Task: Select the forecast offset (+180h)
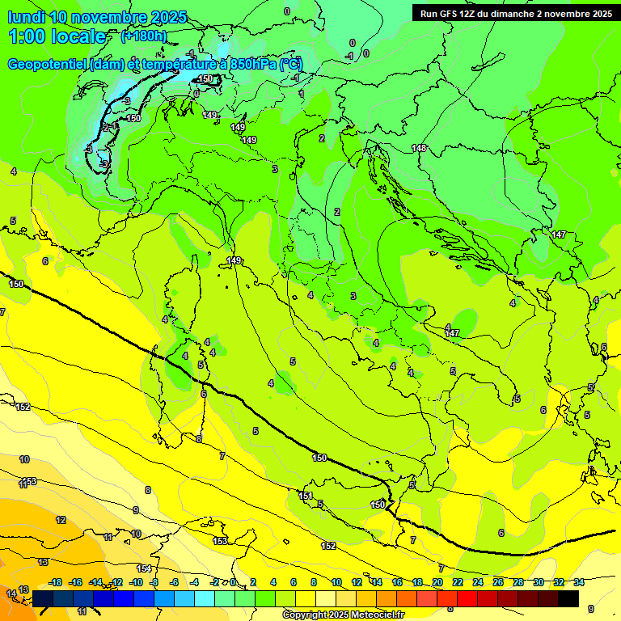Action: coord(144,36)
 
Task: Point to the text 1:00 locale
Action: coord(57,36)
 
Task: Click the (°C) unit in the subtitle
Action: coord(291,64)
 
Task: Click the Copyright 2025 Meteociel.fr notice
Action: coord(343,615)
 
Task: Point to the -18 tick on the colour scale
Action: coord(56,582)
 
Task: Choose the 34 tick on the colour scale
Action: coord(578,582)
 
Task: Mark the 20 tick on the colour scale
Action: coord(437,582)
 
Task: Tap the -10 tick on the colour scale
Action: coord(136,582)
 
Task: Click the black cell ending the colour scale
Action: coord(568,598)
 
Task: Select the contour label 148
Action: coord(419,148)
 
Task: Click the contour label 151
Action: coord(306,496)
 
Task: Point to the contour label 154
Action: coord(144,568)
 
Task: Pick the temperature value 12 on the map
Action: coord(61,520)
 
